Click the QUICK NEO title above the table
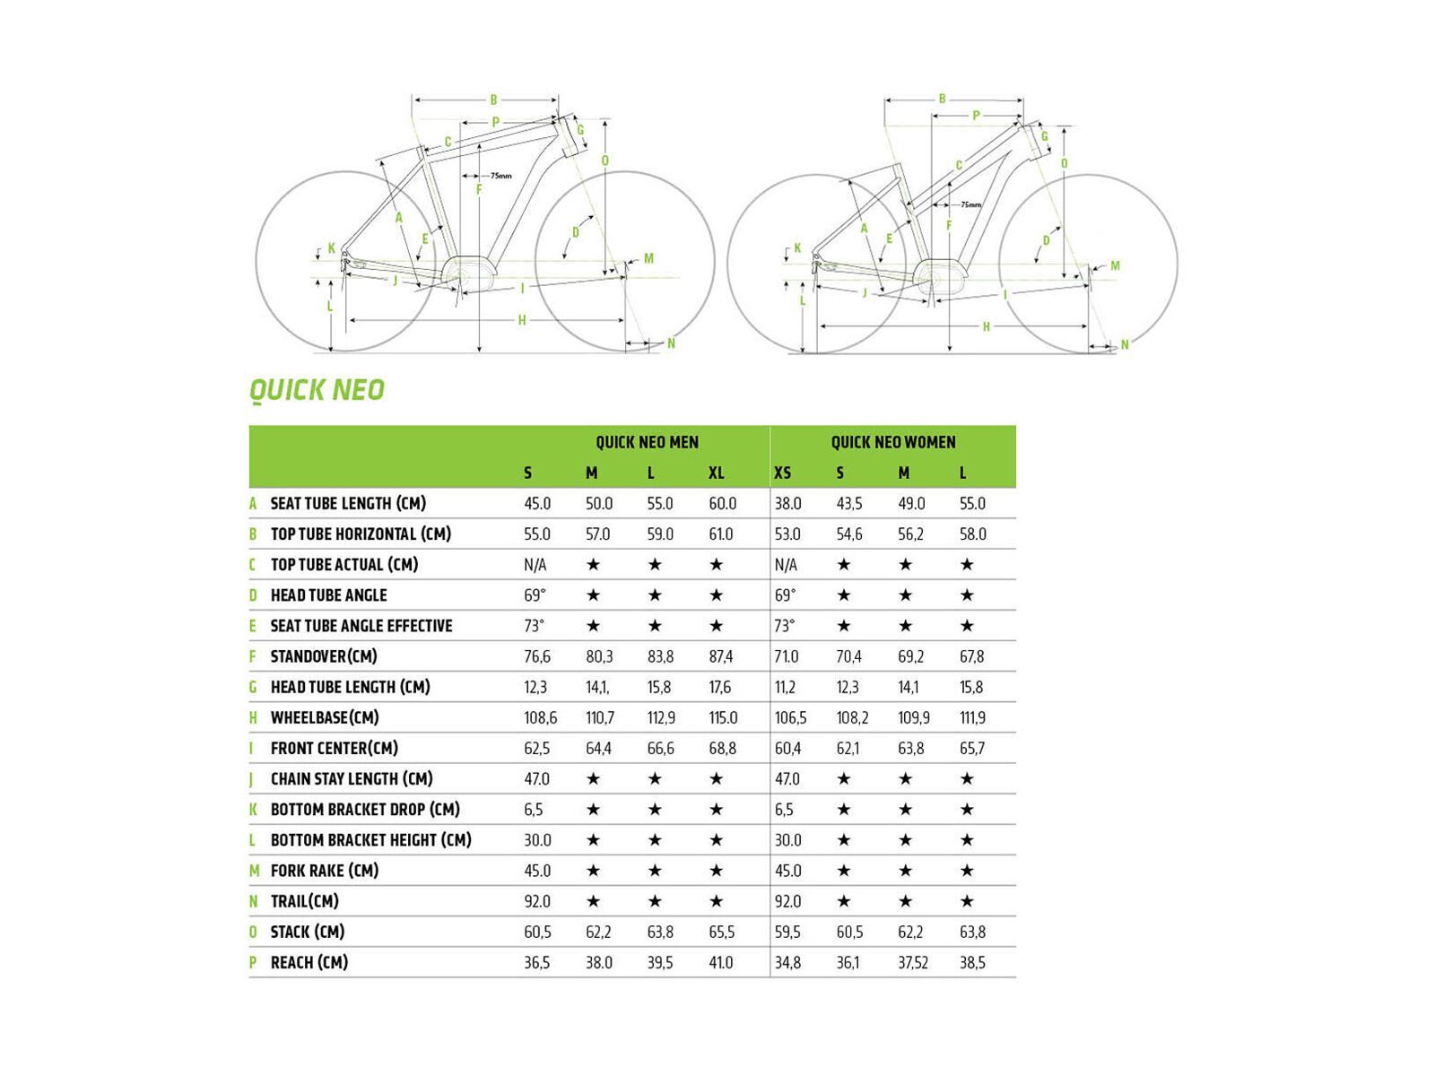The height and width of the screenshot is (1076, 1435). (x=317, y=390)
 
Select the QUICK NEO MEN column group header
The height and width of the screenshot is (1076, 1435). (x=647, y=442)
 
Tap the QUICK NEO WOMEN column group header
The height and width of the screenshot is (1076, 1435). (x=892, y=442)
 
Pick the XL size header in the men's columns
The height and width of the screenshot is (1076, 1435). (x=716, y=473)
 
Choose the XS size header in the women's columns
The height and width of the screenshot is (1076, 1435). (x=782, y=473)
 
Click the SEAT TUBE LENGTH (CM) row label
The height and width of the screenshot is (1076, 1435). (x=348, y=504)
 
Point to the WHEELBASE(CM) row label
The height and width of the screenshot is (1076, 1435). (x=325, y=717)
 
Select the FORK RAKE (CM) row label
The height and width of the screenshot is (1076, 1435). (x=325, y=871)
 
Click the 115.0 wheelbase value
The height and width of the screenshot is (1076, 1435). (x=723, y=718)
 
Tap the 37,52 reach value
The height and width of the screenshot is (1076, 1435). (x=913, y=963)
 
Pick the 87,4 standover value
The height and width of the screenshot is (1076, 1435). (x=721, y=657)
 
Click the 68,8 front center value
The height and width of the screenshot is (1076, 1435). (x=722, y=749)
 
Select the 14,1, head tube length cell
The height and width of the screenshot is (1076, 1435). (x=598, y=688)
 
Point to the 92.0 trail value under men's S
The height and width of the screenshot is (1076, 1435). (x=537, y=901)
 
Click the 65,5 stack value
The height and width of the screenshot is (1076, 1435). (x=722, y=933)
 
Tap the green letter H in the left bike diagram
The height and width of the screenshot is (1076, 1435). (x=522, y=320)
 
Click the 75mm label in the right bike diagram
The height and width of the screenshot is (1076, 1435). (x=970, y=204)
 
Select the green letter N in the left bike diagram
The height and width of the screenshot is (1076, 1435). (x=671, y=343)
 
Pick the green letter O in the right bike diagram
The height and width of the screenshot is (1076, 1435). (x=1064, y=163)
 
